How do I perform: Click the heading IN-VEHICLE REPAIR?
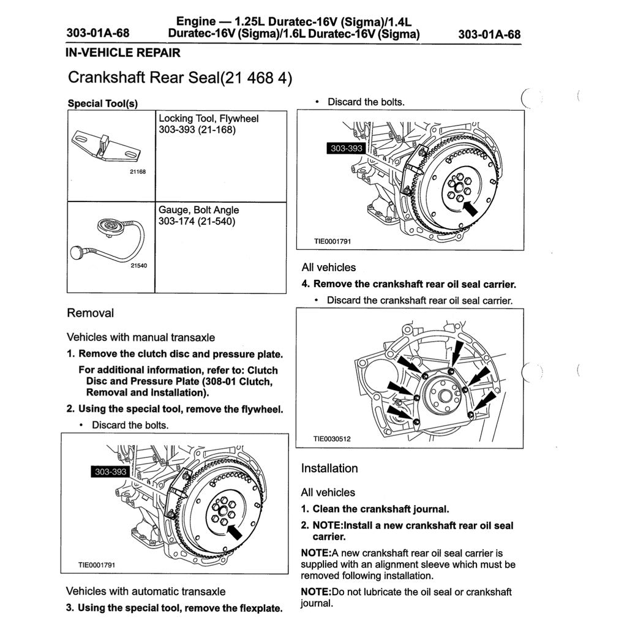click(x=123, y=53)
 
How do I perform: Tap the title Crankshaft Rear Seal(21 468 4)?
click(x=180, y=78)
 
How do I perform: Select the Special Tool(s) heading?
click(x=103, y=103)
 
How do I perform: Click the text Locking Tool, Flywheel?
click(x=208, y=119)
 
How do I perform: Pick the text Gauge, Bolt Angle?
click(x=199, y=210)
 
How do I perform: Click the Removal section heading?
click(x=90, y=313)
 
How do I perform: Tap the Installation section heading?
click(x=329, y=468)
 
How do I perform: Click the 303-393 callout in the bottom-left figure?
click(x=111, y=471)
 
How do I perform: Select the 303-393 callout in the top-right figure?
click(x=347, y=149)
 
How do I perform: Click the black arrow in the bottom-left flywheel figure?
click(x=235, y=528)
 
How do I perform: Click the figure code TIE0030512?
click(x=332, y=438)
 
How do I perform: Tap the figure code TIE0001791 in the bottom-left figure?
click(x=97, y=565)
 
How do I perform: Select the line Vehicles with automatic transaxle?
click(x=146, y=591)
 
